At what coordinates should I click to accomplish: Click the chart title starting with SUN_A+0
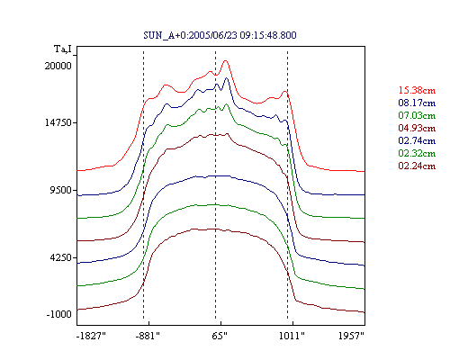click(x=220, y=35)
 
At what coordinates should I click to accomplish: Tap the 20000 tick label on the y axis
click(x=58, y=66)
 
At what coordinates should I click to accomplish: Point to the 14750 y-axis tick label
click(x=58, y=122)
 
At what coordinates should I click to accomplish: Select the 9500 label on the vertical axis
click(x=61, y=190)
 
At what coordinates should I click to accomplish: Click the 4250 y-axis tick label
click(x=61, y=257)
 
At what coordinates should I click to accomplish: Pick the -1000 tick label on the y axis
click(x=59, y=314)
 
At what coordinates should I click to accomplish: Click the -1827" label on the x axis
click(x=92, y=336)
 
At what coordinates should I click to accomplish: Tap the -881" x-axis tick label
click(x=148, y=336)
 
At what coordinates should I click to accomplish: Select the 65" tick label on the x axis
click(x=220, y=336)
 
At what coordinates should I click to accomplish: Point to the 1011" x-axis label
click(x=292, y=336)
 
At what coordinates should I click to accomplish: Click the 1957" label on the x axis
click(x=351, y=336)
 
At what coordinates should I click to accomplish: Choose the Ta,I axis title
click(x=63, y=49)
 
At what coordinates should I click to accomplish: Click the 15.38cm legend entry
click(x=417, y=90)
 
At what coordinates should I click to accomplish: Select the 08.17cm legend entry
click(x=417, y=103)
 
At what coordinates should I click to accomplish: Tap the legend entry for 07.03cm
click(x=417, y=115)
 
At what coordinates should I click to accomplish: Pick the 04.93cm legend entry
click(x=417, y=128)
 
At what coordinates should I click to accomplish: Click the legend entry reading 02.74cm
click(x=417, y=140)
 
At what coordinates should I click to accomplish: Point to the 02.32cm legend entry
click(x=417, y=153)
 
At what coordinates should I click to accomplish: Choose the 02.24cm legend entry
click(x=417, y=166)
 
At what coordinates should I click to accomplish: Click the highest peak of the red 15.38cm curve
click(x=226, y=61)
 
